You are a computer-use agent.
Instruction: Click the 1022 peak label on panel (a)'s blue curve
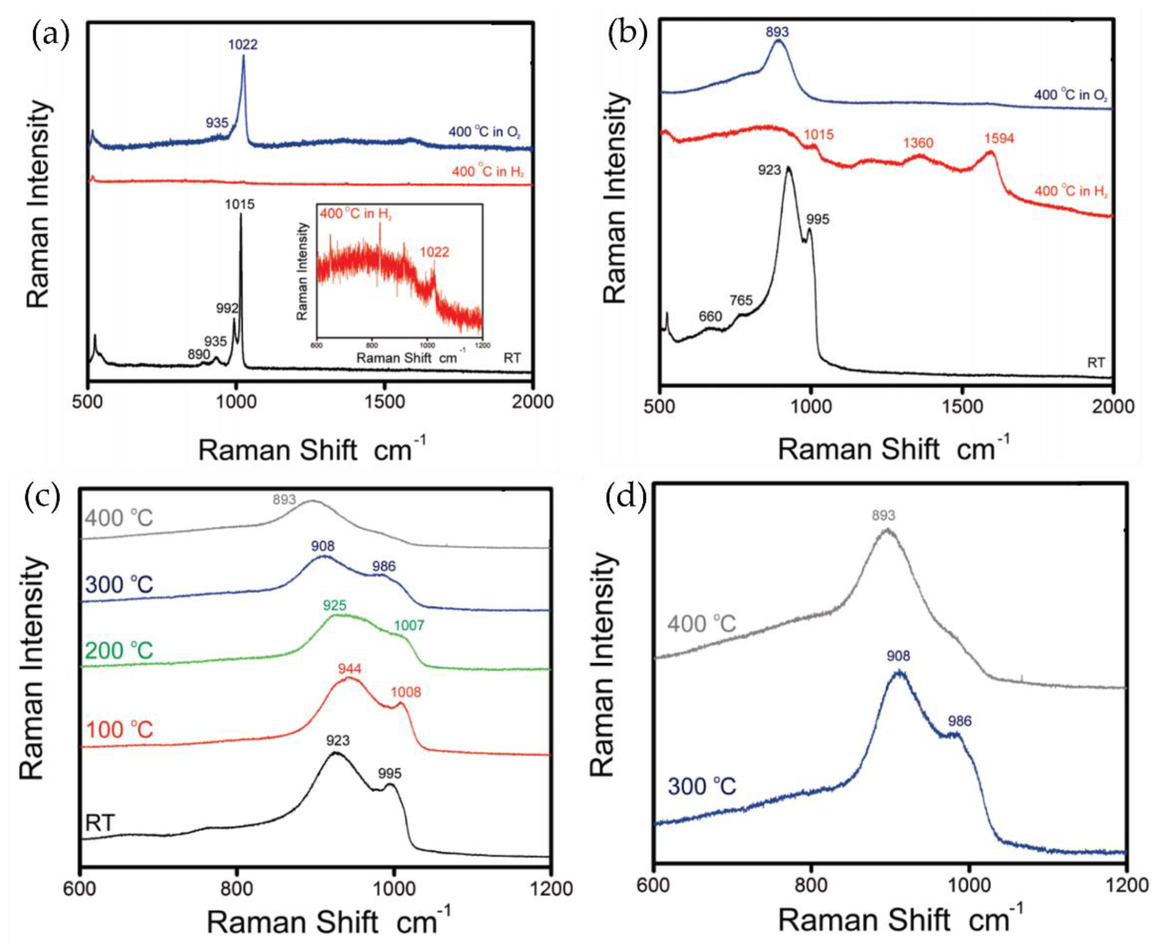coord(243,44)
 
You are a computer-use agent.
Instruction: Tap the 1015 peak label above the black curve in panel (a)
coord(240,205)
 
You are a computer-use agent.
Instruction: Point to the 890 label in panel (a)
coord(199,354)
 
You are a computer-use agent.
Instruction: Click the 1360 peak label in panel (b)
coord(918,143)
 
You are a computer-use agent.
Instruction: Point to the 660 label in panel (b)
coord(710,316)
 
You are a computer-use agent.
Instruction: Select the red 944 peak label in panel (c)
coord(350,669)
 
